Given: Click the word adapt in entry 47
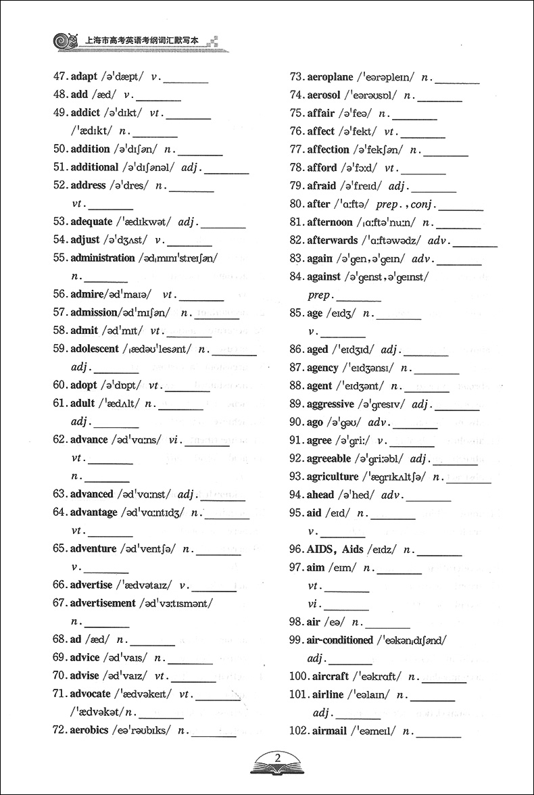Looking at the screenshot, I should [x=84, y=77].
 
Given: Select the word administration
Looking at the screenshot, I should [x=103, y=258].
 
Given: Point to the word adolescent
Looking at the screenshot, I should [x=95, y=349].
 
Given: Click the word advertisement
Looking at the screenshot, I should [x=103, y=603].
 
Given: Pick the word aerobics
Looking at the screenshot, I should [x=89, y=730].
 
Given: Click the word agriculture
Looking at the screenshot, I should [x=333, y=477].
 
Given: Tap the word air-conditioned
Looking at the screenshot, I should [x=339, y=640].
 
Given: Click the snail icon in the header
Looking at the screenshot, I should [x=63, y=39].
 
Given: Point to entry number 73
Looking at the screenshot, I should [x=296, y=77].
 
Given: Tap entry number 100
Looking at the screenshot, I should [x=298, y=677].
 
